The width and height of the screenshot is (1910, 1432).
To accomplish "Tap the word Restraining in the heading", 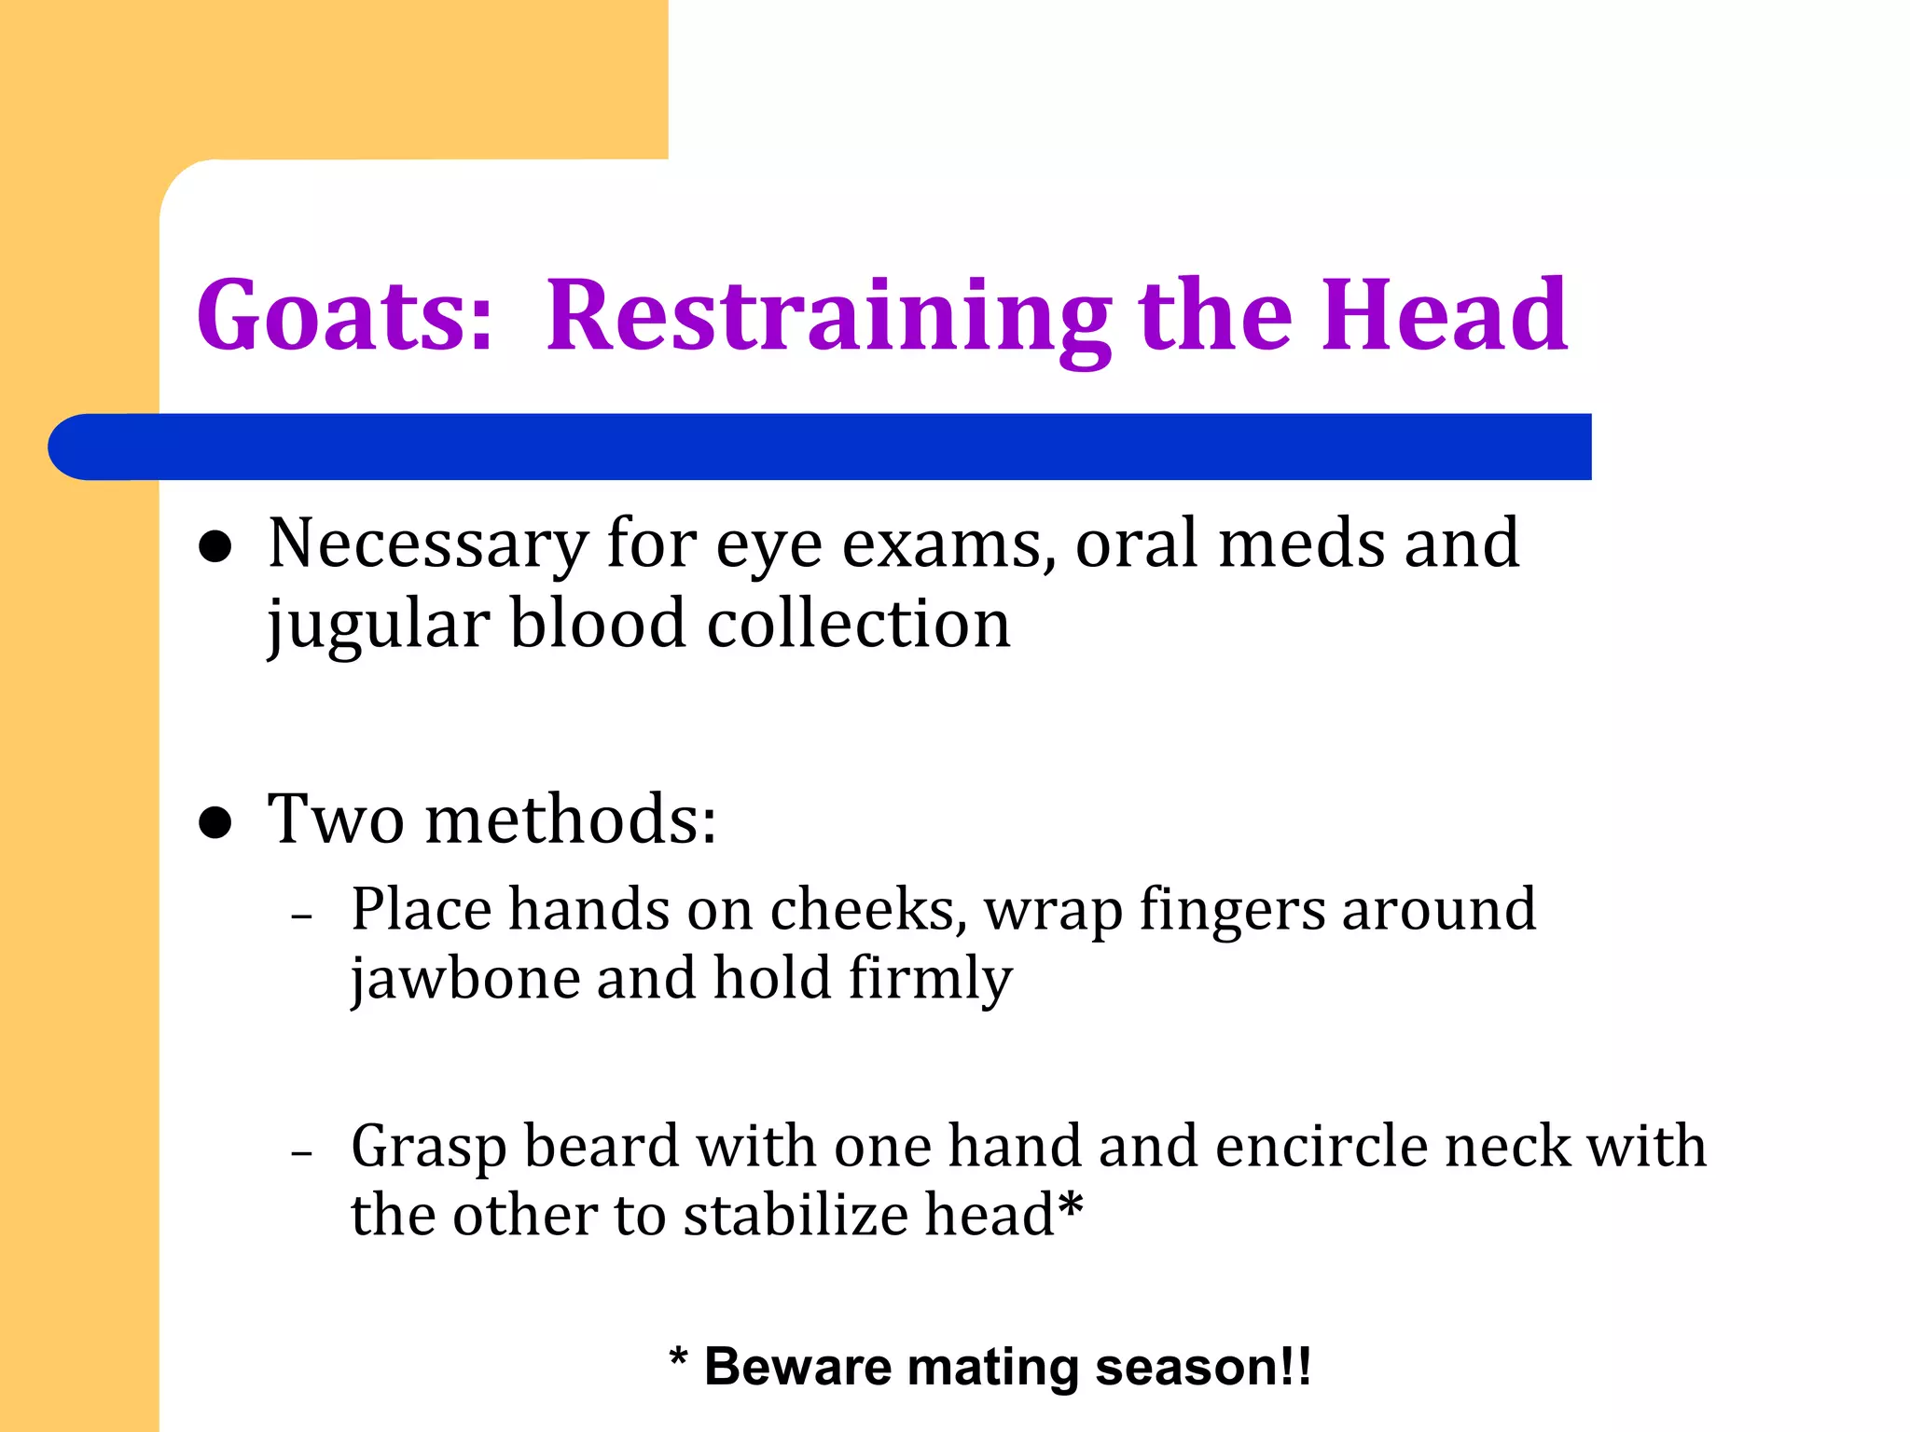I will point(828,317).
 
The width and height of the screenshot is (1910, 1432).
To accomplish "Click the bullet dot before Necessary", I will point(215,548).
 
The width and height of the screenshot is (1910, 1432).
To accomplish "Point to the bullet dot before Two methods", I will point(215,822).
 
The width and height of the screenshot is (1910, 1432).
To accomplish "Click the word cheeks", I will point(868,910).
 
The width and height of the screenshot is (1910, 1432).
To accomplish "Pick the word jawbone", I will point(464,980).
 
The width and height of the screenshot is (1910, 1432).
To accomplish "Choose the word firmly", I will point(930,980).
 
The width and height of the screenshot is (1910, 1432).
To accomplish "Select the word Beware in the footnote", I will point(797,1368).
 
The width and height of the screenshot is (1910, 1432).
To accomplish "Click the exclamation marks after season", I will point(1296,1367).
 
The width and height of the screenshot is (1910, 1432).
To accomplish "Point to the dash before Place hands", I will point(301,917).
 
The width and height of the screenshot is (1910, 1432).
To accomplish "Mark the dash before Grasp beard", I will point(301,1154).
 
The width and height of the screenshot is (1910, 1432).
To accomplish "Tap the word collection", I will point(858,625).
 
